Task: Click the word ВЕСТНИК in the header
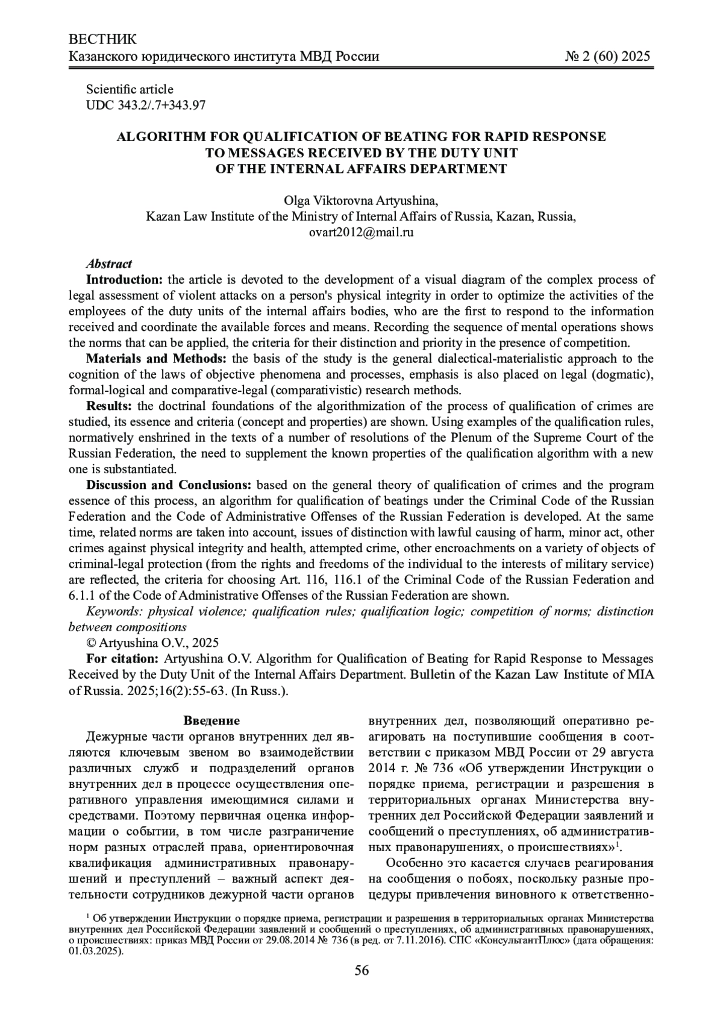coord(103,40)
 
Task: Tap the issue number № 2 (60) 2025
coord(607,57)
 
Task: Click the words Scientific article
coord(130,89)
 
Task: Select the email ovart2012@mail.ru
coord(361,231)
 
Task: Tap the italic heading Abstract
coord(108,263)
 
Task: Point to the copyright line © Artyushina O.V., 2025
coord(152,643)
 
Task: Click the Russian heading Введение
coord(211,721)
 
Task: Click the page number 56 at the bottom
coord(361,970)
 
